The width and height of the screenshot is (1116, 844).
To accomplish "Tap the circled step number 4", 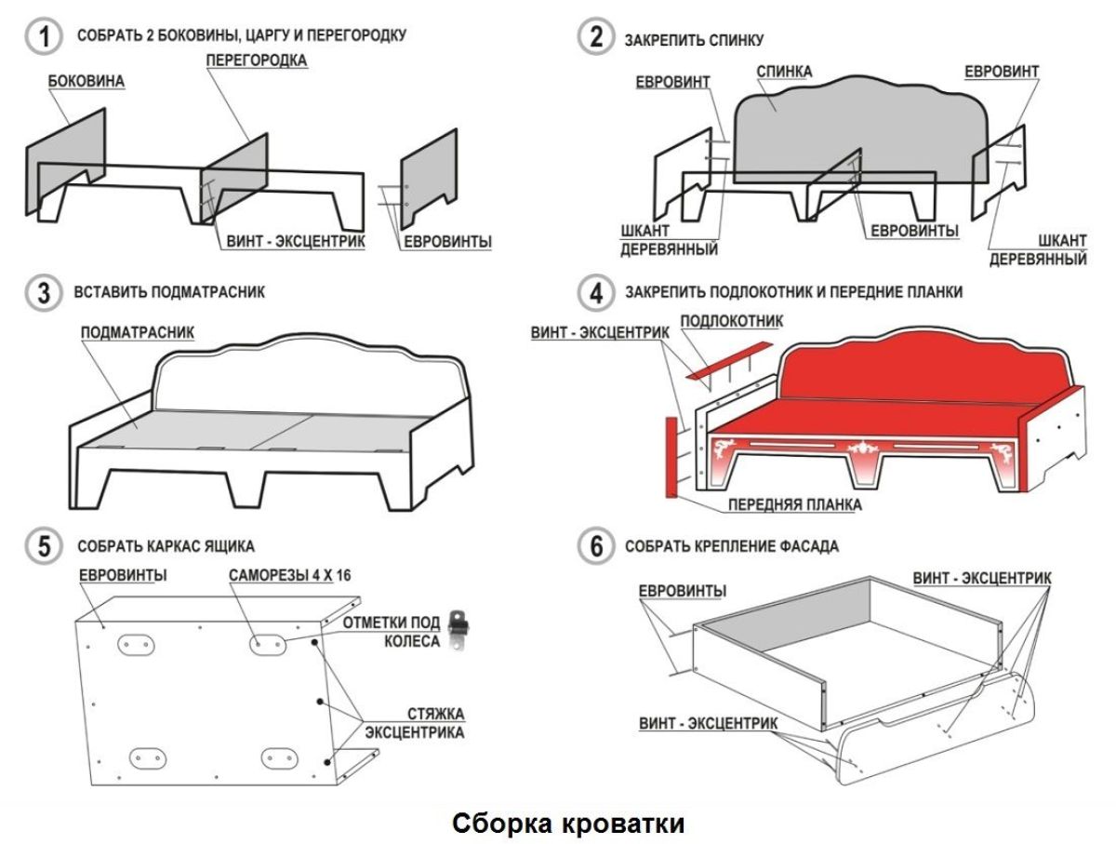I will pyautogui.click(x=596, y=292).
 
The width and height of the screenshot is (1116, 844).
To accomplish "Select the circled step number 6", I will pyautogui.click(x=596, y=546).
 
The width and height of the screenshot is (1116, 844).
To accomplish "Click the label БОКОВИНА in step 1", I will pyautogui.click(x=86, y=82).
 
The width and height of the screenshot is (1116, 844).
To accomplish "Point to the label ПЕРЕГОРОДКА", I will pyautogui.click(x=257, y=60).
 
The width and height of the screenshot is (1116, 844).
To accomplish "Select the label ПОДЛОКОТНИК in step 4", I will pyautogui.click(x=732, y=321).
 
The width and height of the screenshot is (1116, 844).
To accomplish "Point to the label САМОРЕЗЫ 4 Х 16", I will pyautogui.click(x=290, y=575).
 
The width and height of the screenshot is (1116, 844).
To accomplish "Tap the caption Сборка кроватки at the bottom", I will pyautogui.click(x=570, y=823).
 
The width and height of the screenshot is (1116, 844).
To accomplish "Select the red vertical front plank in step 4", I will pyautogui.click(x=671, y=455).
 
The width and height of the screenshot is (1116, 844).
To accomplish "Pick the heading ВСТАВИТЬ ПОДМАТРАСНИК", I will pyautogui.click(x=171, y=292).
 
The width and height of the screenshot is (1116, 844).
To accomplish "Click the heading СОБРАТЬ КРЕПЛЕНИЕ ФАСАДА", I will pyautogui.click(x=732, y=546).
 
